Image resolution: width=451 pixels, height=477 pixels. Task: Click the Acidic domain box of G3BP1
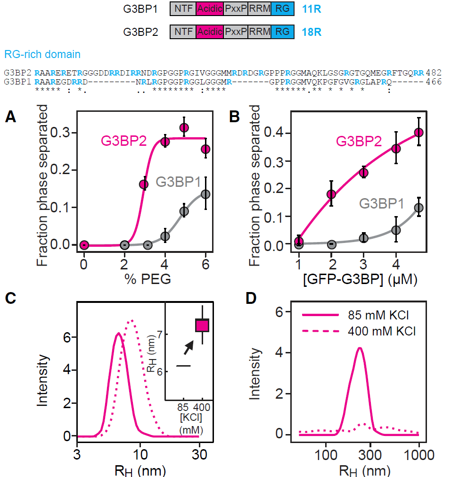tap(210, 8)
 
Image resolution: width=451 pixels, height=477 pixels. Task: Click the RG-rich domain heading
tap(42, 54)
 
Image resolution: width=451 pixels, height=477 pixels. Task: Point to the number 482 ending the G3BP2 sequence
tap(434, 73)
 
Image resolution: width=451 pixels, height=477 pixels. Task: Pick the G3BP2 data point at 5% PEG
tap(184, 127)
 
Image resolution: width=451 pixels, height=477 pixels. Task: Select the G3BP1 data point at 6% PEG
tap(205, 194)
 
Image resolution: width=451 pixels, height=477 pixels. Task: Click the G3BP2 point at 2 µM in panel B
tap(331, 194)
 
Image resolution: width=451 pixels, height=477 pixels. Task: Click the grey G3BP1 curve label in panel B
tap(382, 204)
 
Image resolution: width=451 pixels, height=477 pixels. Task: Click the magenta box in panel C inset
tap(202, 326)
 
